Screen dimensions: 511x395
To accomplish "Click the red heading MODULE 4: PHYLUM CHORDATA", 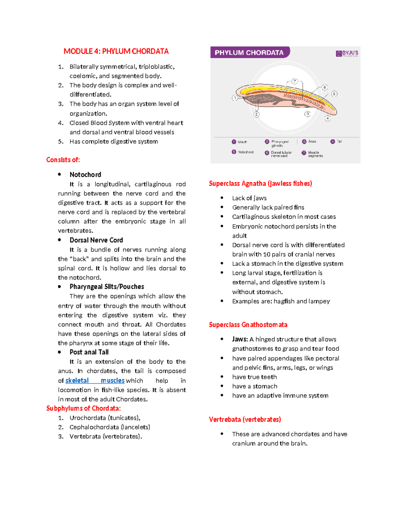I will pos(116,51).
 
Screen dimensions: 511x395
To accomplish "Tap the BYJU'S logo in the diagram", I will pos(347,53).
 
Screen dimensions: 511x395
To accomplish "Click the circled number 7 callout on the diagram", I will pos(295,81).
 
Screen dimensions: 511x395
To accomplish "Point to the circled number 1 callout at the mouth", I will pos(235,98).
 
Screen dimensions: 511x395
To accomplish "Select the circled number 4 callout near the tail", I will pos(328,118).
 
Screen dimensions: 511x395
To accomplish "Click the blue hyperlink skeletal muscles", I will pos(95,381).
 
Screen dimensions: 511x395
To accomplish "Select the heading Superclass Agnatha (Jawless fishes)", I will pos(260,184).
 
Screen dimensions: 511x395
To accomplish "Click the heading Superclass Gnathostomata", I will pos(248,325).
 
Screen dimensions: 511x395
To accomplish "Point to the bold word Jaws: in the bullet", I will pos(240,339).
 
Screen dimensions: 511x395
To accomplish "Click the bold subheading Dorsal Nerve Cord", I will pos(96,240).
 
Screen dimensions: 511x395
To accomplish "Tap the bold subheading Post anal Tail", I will pos(89,352).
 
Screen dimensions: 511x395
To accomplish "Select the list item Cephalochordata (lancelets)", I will pos(110,427).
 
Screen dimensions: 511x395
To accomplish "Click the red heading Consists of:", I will pos(63,160).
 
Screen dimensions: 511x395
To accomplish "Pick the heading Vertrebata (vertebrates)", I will pos(245,420).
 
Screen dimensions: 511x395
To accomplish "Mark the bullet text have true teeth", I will pos(254,377).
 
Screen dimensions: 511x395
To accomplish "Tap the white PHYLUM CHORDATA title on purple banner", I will pos(249,53).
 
